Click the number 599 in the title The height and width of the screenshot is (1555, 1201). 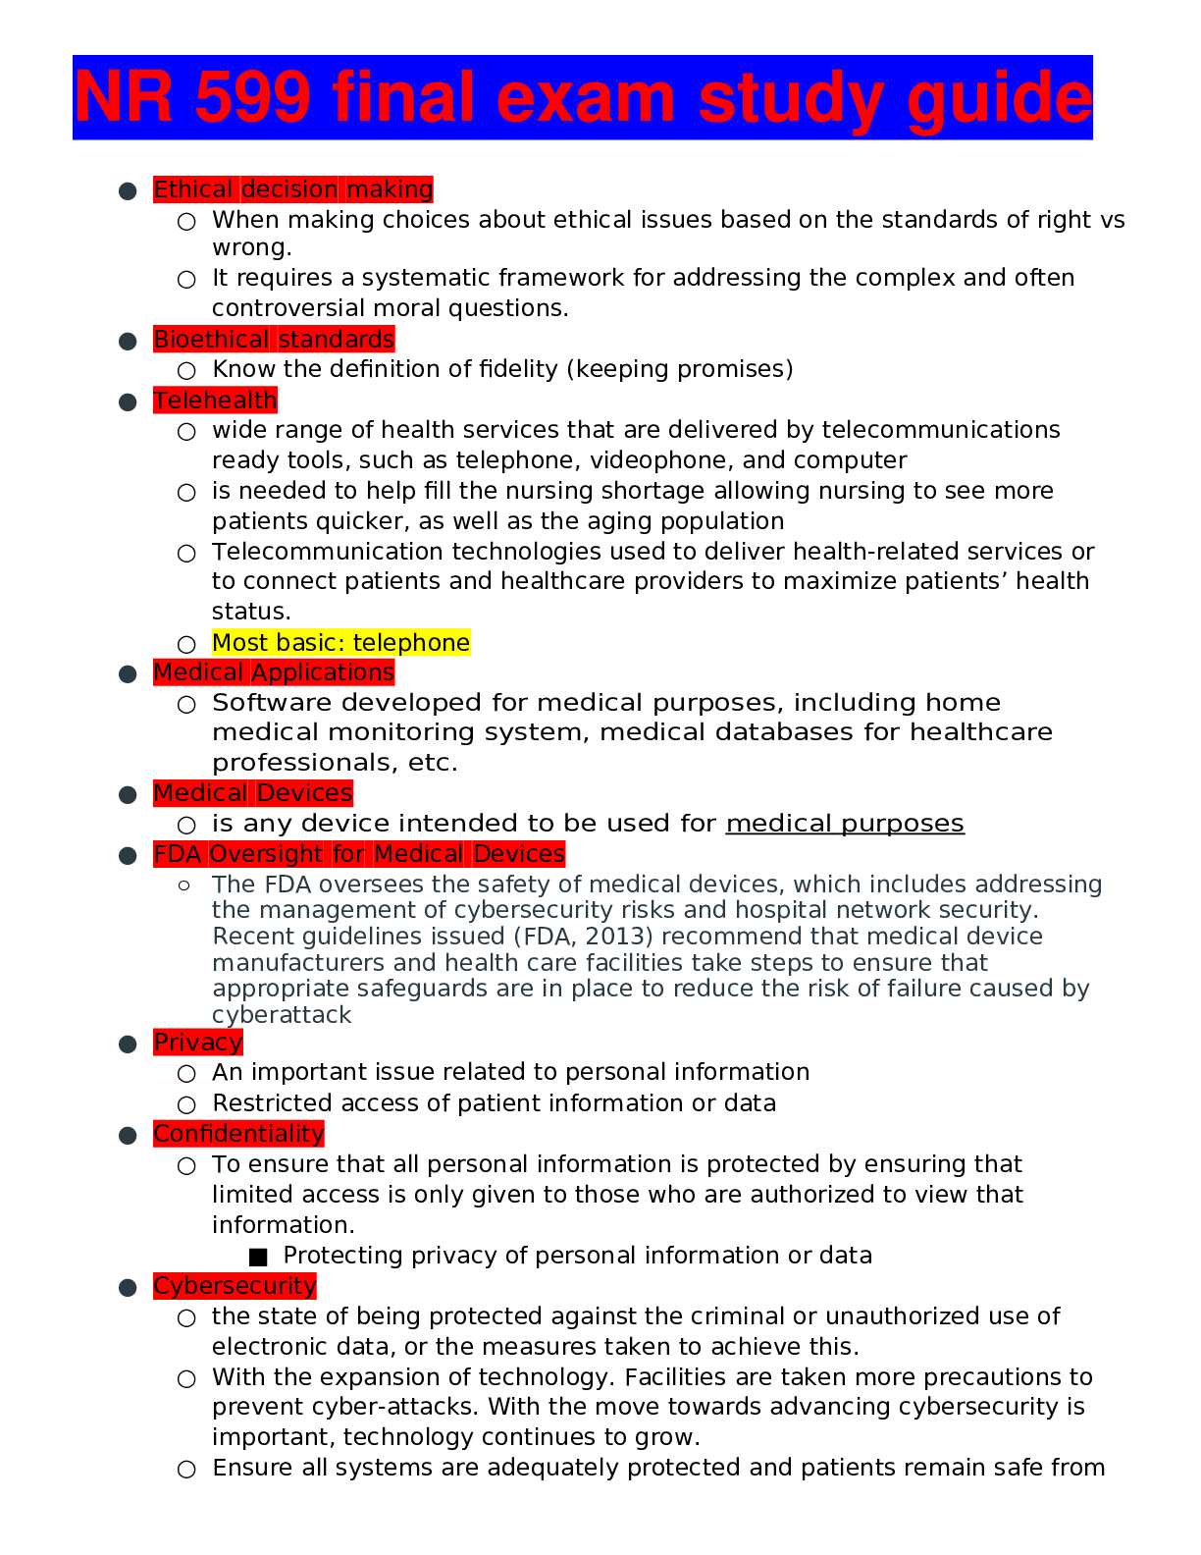[x=253, y=98]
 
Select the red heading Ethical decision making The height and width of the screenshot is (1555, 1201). [x=293, y=189]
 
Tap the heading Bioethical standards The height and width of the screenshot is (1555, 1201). [x=274, y=340]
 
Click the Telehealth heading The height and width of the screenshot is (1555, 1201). [x=215, y=401]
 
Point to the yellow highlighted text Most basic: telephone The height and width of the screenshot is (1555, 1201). [x=340, y=643]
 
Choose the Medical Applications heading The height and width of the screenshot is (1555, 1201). [x=274, y=672]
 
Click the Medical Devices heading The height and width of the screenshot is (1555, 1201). [x=253, y=793]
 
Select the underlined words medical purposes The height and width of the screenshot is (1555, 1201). [x=845, y=824]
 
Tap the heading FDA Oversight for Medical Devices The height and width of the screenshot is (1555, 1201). [x=359, y=854]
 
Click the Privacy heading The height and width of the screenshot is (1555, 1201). [x=198, y=1043]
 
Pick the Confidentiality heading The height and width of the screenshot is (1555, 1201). [x=238, y=1134]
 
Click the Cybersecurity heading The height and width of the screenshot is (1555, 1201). [x=235, y=1286]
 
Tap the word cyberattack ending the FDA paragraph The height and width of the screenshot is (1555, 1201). [x=282, y=1015]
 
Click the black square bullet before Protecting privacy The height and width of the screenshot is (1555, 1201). [x=259, y=1257]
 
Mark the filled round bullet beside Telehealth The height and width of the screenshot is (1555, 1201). [x=128, y=402]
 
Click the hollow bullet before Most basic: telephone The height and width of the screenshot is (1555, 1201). [x=186, y=645]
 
